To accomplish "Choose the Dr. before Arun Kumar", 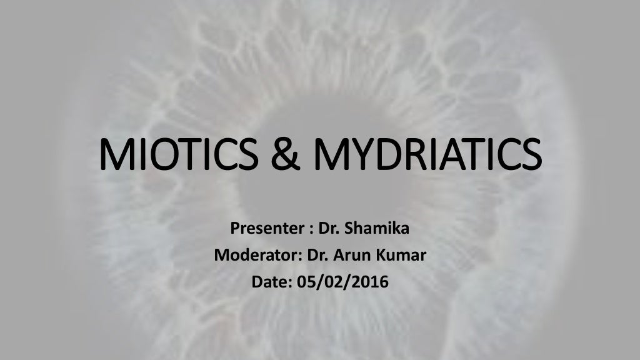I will coord(318,256).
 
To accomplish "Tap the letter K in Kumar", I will coord(379,256).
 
